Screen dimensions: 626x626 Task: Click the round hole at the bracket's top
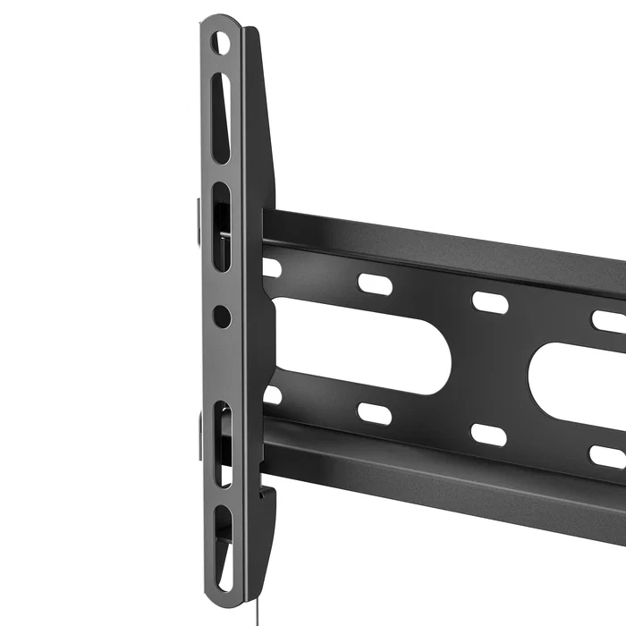pyautogui.click(x=220, y=43)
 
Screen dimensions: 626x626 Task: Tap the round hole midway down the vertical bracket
pyautogui.click(x=222, y=316)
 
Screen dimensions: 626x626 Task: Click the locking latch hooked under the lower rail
pyautogui.click(x=266, y=495)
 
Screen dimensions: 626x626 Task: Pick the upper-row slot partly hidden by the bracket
pyautogui.click(x=271, y=267)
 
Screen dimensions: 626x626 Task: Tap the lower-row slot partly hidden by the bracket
pyautogui.click(x=272, y=394)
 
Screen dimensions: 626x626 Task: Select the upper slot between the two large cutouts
pyautogui.click(x=489, y=302)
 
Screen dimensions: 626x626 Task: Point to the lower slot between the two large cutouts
pyautogui.click(x=488, y=435)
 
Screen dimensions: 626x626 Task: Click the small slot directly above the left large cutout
pyautogui.click(x=375, y=283)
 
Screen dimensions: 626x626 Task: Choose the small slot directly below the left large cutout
pyautogui.click(x=375, y=413)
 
